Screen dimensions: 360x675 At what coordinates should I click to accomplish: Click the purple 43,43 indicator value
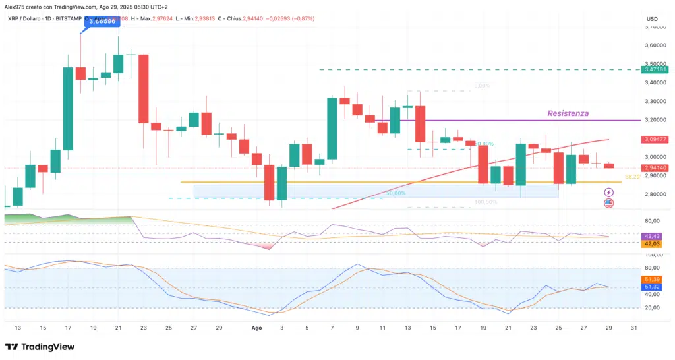652,236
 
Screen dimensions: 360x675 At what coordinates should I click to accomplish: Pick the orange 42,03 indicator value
652,244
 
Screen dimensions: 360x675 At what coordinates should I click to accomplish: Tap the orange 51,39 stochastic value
652,280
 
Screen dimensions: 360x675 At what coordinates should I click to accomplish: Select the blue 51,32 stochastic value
652,287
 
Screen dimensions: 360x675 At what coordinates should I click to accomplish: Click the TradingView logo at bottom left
40,347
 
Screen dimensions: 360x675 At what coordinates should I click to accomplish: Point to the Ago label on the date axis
258,327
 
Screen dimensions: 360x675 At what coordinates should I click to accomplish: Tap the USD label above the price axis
653,18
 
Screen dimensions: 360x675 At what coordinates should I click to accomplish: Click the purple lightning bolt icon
609,192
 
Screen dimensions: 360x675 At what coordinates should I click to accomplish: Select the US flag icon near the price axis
609,204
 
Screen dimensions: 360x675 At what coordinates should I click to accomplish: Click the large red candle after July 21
143,88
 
